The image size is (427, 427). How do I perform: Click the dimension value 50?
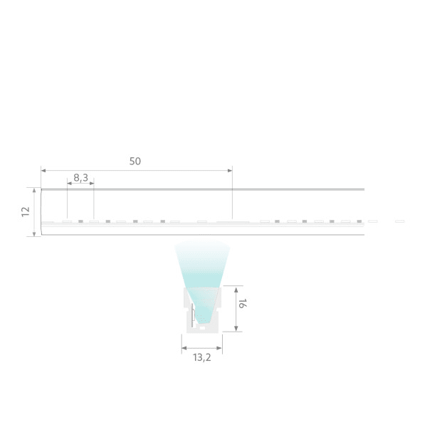click(x=135, y=162)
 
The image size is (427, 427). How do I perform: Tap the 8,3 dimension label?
click(x=81, y=178)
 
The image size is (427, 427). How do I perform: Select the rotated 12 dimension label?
click(x=26, y=211)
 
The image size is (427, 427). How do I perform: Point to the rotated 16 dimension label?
click(x=242, y=303)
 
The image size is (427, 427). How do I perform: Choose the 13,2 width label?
click(x=202, y=357)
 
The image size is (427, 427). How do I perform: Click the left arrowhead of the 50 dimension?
click(x=43, y=171)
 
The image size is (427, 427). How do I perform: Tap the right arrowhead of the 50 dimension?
click(x=230, y=171)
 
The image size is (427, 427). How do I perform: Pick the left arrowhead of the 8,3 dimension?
click(x=70, y=184)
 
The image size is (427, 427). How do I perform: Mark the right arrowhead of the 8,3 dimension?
click(x=92, y=184)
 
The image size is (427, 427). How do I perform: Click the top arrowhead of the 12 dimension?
click(x=34, y=190)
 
